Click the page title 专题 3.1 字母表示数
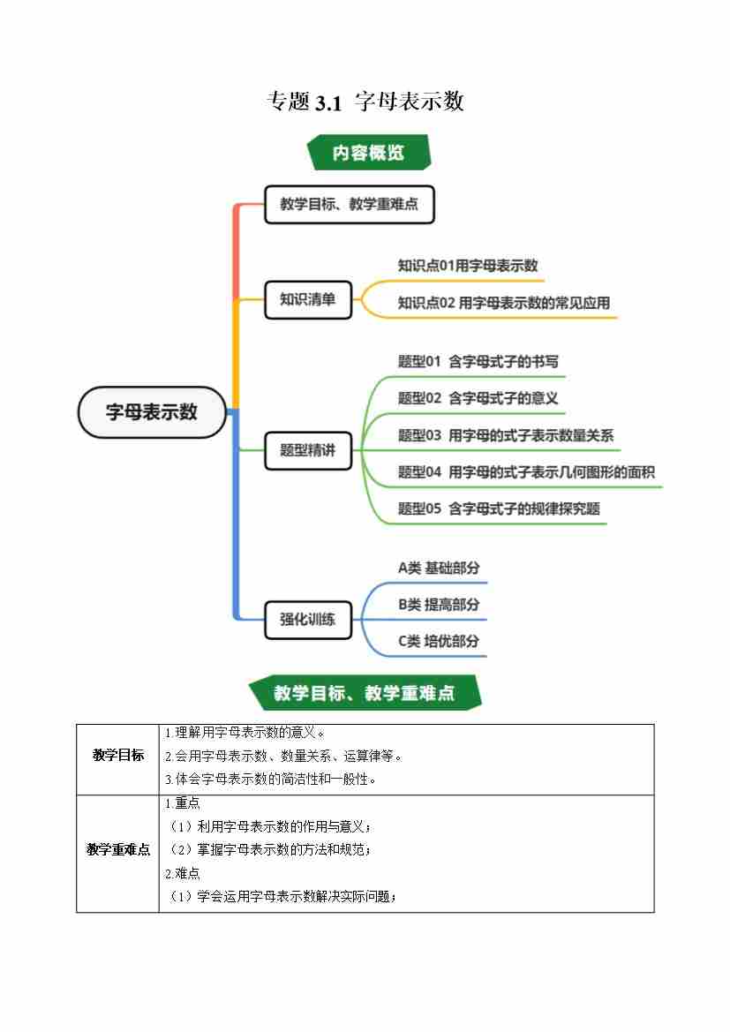click(365, 102)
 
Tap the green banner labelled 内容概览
click(368, 152)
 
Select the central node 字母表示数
click(152, 411)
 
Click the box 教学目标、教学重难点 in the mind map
click(349, 204)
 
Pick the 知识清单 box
click(308, 299)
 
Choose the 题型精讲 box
click(308, 449)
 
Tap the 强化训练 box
click(308, 619)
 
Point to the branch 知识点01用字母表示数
click(468, 266)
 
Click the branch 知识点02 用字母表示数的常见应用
click(503, 303)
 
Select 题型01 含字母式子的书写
click(478, 361)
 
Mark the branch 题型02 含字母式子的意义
click(478, 398)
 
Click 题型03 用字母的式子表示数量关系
click(505, 435)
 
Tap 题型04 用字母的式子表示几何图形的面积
click(526, 472)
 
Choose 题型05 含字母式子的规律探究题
click(499, 508)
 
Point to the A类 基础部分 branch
click(439, 568)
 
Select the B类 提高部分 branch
click(439, 605)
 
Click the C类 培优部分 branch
click(439, 641)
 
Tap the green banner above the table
click(365, 693)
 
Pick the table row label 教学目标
click(118, 756)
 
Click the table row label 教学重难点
click(118, 849)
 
